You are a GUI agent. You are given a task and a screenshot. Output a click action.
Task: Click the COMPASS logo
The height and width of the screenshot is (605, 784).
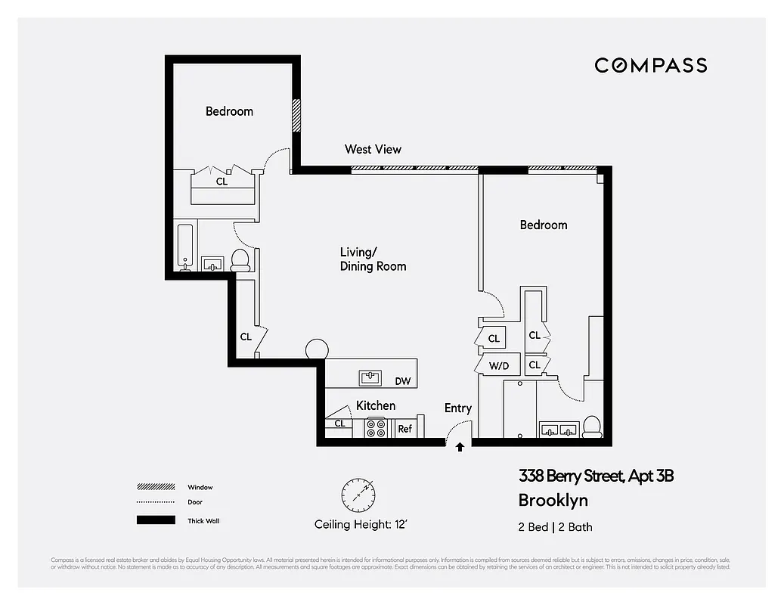coord(650,65)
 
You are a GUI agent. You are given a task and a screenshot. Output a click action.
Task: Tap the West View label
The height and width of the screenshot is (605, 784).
coord(373,149)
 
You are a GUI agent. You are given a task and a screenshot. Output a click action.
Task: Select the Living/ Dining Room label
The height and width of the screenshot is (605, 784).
coord(373,259)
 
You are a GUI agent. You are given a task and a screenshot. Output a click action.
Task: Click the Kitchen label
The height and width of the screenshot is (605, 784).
coord(376,405)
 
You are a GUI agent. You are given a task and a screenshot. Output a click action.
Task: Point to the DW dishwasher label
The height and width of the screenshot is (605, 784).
coord(403,381)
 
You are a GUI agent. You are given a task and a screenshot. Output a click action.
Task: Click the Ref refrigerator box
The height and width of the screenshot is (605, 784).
coord(404,428)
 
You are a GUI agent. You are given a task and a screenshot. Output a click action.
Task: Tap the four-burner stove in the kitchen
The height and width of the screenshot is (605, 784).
coord(376,428)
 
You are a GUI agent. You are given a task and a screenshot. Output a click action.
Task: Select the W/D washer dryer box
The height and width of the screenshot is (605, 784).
coord(498,365)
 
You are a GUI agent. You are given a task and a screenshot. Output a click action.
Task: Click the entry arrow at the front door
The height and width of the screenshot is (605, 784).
coord(460,447)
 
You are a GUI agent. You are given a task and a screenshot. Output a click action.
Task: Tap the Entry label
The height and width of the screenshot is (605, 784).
coord(457,408)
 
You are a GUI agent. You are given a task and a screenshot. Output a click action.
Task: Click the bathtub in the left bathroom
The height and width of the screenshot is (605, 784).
coord(185,247)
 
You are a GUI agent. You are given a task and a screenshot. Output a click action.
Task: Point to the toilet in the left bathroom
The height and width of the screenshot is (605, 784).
coord(240,260)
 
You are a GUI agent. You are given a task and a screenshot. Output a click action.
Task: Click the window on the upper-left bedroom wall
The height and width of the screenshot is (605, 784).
coord(297,114)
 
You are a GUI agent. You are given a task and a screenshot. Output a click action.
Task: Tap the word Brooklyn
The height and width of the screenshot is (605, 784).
coord(553,500)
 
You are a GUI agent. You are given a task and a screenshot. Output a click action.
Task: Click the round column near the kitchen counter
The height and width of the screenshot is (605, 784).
coord(317,350)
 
